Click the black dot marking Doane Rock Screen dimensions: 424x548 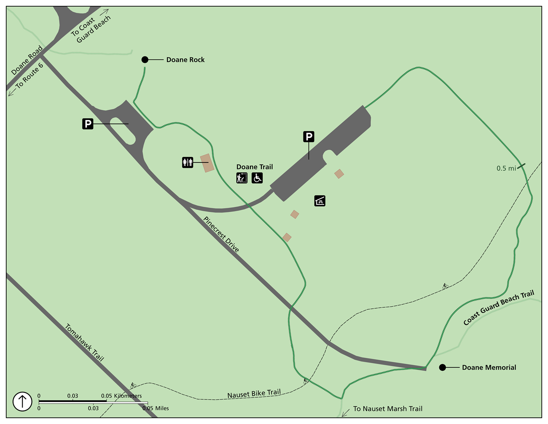click(145, 60)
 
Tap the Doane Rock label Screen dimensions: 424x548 click(185, 60)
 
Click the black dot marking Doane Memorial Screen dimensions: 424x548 click(442, 367)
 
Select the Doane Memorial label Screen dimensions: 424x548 click(489, 367)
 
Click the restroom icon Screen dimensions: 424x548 click(188, 162)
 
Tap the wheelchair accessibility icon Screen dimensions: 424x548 click(257, 178)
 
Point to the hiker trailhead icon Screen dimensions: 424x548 click(242, 178)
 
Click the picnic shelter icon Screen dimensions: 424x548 click(320, 201)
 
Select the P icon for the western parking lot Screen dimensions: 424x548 click(88, 124)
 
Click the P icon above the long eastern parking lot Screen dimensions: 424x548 click(309, 137)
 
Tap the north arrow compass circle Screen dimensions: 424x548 click(22, 401)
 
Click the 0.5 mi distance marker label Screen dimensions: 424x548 click(506, 168)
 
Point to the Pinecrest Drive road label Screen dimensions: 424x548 click(221, 235)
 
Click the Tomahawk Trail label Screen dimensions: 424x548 click(84, 342)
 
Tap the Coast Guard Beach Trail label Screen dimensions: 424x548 click(499, 308)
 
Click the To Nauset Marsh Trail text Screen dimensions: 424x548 click(387, 408)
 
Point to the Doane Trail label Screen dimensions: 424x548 click(255, 167)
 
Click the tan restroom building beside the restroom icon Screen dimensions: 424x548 click(207, 163)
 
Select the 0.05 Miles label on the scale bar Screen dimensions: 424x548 click(156, 408)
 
